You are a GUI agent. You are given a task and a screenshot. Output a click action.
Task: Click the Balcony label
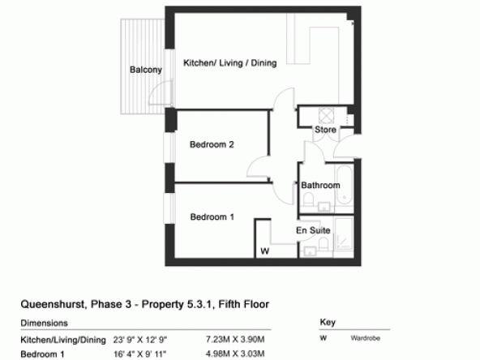(146, 70)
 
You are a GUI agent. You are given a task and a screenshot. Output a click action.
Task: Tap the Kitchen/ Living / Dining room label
(230, 62)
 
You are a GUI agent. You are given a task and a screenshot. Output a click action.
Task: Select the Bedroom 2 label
(212, 144)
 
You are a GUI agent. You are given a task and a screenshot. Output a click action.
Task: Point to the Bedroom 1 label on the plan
(212, 216)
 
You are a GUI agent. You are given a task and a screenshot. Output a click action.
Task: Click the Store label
(325, 130)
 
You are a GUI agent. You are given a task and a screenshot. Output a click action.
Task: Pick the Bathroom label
(320, 185)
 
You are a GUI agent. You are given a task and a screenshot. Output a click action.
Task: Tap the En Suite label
(313, 230)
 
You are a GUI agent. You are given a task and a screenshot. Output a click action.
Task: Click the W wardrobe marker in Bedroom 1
(265, 251)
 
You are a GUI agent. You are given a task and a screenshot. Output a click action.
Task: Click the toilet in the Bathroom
(308, 199)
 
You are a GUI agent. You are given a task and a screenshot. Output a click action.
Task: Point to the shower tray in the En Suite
(344, 234)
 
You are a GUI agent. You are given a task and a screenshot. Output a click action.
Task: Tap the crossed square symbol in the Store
(326, 116)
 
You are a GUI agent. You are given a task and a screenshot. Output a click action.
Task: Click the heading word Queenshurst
(53, 304)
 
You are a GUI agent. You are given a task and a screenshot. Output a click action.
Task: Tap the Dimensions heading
(44, 323)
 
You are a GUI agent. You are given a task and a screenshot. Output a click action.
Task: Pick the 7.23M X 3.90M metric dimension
(235, 339)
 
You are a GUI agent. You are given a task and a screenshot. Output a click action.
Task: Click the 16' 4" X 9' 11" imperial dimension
(140, 354)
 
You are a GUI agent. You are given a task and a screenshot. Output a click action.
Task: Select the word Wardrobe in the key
(366, 338)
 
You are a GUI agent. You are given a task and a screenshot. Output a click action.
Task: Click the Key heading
(328, 322)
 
